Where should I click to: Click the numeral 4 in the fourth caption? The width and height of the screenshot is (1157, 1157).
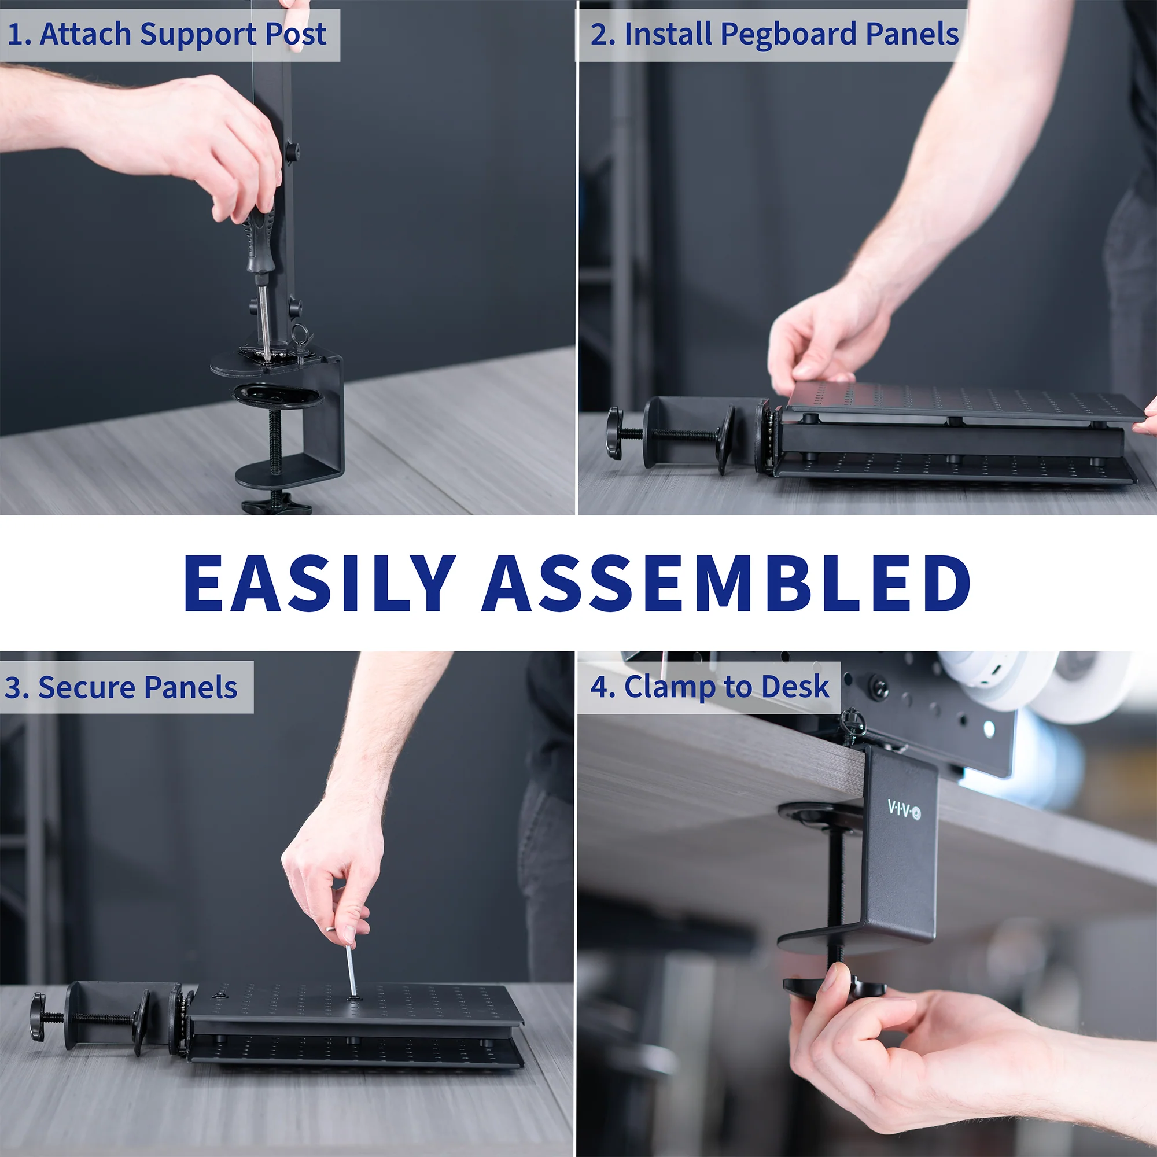(598, 687)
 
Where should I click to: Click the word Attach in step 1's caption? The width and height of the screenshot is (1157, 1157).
(85, 34)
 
